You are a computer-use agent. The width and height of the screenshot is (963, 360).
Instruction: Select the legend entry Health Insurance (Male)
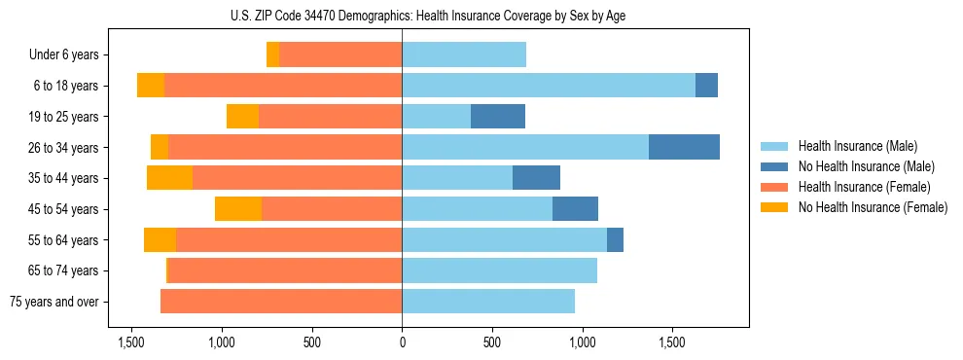(857, 146)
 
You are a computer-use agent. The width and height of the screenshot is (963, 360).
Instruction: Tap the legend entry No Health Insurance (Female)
(873, 207)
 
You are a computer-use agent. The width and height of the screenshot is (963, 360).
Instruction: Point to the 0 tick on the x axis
(402, 342)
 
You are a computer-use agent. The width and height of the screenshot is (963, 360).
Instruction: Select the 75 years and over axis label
(54, 302)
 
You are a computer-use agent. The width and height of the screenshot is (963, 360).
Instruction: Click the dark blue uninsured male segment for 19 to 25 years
(498, 117)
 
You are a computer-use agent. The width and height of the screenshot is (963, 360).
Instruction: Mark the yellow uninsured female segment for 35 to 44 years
(169, 178)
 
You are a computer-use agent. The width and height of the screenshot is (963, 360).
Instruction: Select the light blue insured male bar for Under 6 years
(464, 55)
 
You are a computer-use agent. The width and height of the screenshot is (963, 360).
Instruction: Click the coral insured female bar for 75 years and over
(281, 302)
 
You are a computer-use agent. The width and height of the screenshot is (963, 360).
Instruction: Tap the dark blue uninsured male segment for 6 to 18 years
(706, 86)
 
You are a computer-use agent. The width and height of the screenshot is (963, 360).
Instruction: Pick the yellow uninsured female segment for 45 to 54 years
(238, 209)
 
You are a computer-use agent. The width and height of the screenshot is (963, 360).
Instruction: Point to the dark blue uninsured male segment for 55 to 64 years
(615, 240)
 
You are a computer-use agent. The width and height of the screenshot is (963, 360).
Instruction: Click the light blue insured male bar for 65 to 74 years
(499, 270)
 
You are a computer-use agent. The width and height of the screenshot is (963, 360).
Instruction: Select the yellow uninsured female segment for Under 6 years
(272, 55)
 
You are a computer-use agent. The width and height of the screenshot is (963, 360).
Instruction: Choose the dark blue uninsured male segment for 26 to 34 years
(684, 148)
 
